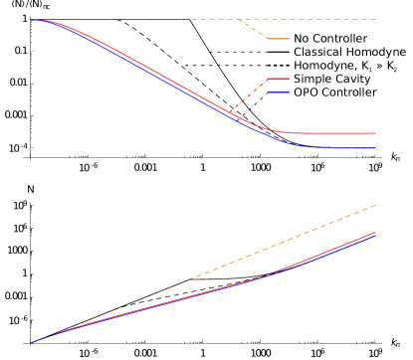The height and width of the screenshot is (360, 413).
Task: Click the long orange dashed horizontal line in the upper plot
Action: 299,20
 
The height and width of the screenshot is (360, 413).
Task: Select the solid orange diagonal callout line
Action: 253,30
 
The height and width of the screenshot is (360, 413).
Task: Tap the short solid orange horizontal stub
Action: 279,39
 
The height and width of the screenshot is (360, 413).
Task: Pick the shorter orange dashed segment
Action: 225,52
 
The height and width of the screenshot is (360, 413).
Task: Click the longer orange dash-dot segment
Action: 220,66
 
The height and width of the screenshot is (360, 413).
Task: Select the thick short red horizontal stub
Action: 279,79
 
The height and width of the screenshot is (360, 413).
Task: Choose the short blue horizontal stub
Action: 279,91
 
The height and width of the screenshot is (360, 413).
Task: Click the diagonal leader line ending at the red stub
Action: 249,95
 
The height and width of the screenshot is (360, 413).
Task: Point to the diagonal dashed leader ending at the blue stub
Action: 252,107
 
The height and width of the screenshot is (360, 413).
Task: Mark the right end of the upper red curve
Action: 375,133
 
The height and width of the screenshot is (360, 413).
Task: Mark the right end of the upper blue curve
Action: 375,147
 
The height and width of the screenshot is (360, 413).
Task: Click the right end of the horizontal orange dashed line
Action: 375,20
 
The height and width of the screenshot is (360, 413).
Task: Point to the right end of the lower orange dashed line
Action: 375,205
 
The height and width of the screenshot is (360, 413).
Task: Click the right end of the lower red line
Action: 375,233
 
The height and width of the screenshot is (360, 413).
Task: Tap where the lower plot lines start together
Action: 33,342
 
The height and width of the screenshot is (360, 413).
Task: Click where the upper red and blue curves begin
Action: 34,20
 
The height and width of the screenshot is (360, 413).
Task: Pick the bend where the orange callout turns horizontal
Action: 268,39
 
